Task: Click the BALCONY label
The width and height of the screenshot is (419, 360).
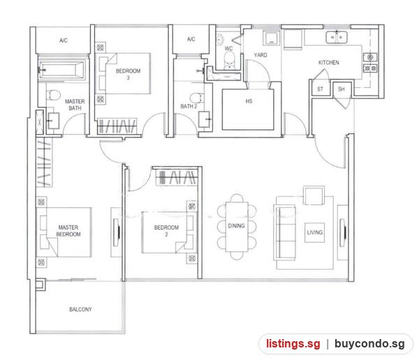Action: pos(80,309)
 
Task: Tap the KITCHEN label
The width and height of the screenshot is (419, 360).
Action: pos(329,63)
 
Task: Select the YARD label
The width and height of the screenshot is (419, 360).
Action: pos(260,55)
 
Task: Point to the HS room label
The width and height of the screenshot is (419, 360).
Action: pos(249,101)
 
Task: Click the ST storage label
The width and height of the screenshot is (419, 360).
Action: pos(320,89)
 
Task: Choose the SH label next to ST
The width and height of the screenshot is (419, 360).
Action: pos(341,89)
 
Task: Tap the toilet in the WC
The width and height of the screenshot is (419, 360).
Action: pos(229,60)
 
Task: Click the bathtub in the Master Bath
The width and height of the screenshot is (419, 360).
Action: pos(61,70)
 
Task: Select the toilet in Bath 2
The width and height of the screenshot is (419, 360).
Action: pos(196,98)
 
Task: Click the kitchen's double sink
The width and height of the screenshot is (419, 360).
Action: pos(337,38)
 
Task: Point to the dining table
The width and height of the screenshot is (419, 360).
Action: pos(237,227)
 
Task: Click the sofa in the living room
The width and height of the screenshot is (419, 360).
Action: pos(285,232)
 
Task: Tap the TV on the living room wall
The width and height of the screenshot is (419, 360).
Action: pos(343,233)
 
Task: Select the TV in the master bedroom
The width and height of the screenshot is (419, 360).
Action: pos(117,232)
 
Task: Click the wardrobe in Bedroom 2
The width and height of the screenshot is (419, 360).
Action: pos(177,177)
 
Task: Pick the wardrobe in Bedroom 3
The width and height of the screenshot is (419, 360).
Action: pos(117,126)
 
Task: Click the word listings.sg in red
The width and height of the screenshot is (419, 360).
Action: pos(293,344)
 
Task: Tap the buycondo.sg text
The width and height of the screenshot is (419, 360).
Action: pos(369,344)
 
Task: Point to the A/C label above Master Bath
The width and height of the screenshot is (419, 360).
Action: pos(64,40)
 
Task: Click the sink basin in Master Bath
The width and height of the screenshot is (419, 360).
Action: pos(54,121)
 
